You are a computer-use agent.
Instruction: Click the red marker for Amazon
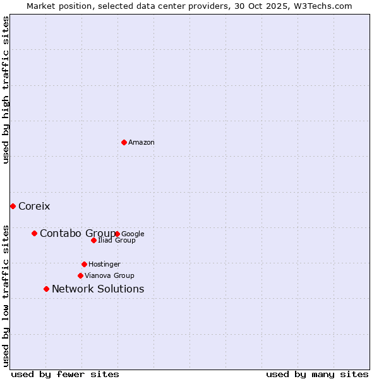coord(124,142)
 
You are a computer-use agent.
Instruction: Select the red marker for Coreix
coord(13,206)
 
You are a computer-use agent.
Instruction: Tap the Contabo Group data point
coord(34,233)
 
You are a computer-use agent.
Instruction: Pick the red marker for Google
coord(117,234)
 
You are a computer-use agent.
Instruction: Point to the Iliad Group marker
coord(93,240)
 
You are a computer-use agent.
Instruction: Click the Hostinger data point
coord(84,264)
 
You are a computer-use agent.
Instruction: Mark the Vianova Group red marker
coord(80,275)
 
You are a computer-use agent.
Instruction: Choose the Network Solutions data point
coord(46,289)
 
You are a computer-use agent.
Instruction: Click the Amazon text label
coord(141,143)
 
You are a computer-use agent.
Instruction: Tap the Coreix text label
coord(34,207)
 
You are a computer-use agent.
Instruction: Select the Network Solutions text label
coord(98,289)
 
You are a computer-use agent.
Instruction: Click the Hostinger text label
coord(104,264)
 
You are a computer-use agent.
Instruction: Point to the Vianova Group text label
coord(109,275)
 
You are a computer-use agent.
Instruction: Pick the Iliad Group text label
coord(117,240)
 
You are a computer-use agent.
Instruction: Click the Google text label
coord(133,234)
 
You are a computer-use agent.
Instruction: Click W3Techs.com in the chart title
coord(322,6)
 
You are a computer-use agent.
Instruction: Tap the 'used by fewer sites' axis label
coord(65,374)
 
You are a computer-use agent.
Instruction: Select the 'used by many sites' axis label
coord(317,374)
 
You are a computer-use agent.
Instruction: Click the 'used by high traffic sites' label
coord(6,90)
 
